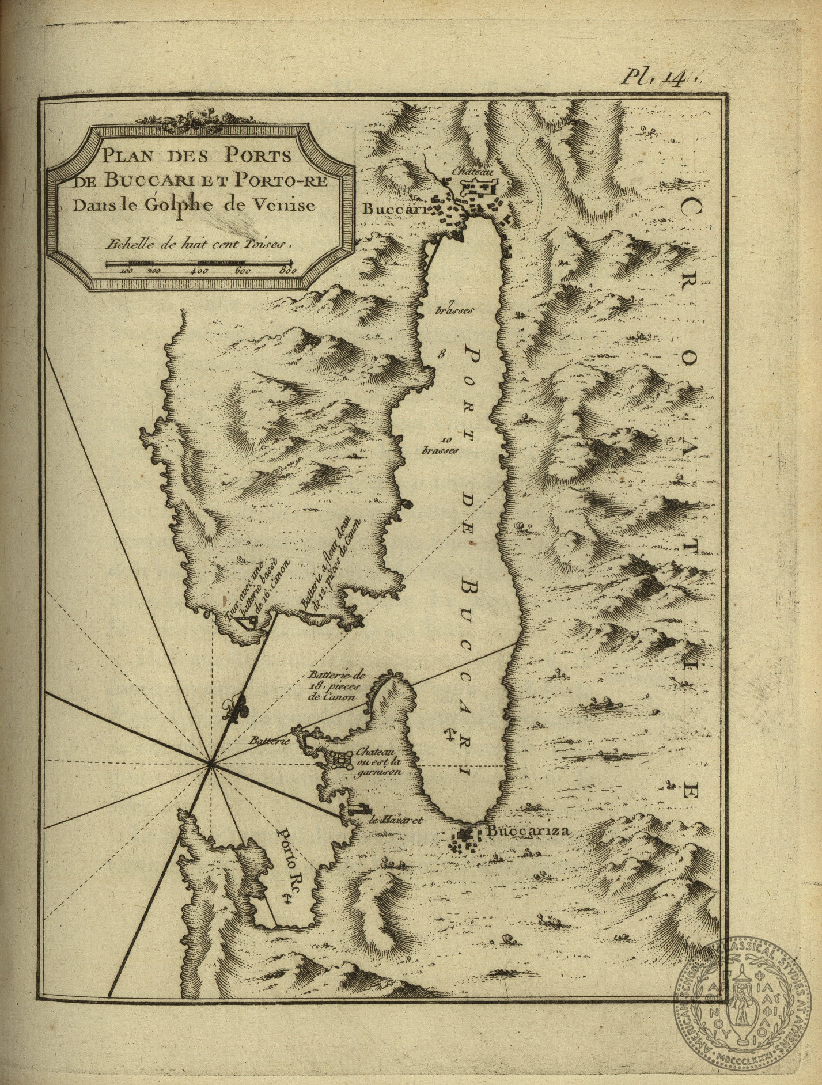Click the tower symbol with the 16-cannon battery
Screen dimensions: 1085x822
coord(245,622)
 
